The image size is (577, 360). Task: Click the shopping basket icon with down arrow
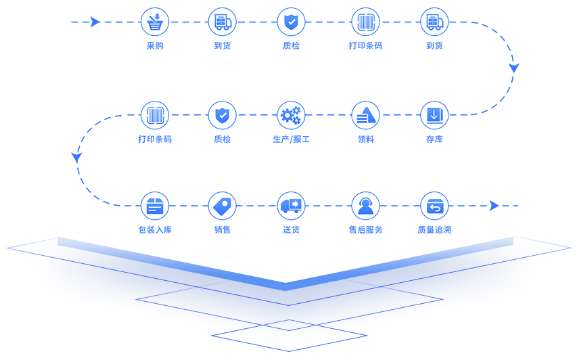coord(155,22)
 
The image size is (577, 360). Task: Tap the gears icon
coord(291,115)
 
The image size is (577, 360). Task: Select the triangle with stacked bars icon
coord(365,115)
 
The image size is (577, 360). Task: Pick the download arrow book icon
coord(434,115)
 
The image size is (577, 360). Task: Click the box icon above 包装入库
coord(155,206)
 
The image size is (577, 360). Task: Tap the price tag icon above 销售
coord(222,206)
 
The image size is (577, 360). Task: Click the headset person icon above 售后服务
coord(365,206)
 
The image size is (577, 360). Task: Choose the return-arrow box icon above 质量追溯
coord(434,206)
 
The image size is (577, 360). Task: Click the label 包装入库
coord(155,230)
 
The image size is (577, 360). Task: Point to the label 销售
coord(222,230)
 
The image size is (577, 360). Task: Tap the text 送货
coord(291,230)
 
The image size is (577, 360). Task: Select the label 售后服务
coord(365,230)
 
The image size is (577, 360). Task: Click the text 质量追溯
coord(434,230)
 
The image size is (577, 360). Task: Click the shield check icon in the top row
coord(291,22)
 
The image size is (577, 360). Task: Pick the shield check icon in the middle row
coord(222,115)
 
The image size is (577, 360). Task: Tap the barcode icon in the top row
coord(365,22)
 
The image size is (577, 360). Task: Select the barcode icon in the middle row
coord(155,115)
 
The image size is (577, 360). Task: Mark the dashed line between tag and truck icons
coord(256,206)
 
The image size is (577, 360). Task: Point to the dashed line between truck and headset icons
coord(328,206)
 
